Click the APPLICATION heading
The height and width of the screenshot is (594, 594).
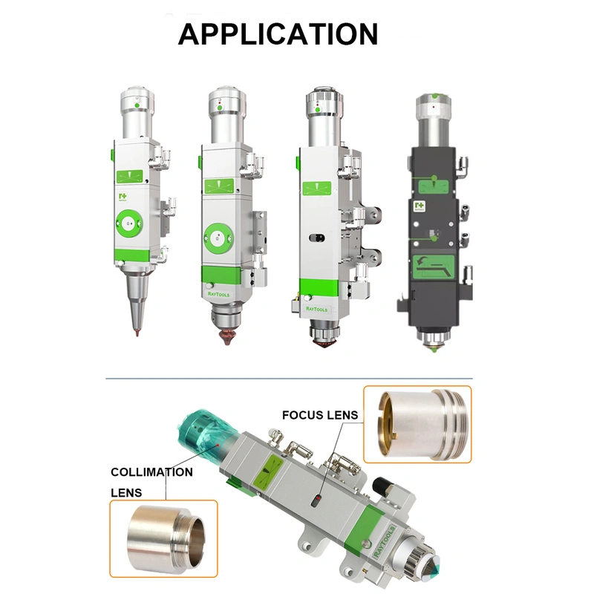coord(278,34)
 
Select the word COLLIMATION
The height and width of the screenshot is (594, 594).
coord(151,471)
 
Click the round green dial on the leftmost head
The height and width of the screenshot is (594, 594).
coord(131,223)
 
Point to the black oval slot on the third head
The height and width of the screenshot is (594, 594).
coord(315,239)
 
